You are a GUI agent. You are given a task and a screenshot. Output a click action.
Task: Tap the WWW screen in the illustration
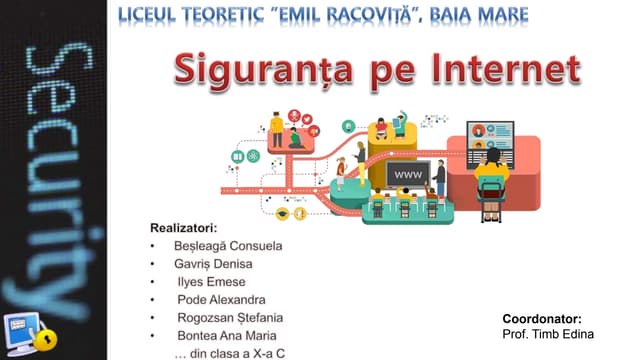coord(408,175)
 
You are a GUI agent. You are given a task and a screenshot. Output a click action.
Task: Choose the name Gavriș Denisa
coord(213,264)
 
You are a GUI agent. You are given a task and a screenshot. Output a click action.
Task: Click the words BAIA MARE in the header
coord(479,16)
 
